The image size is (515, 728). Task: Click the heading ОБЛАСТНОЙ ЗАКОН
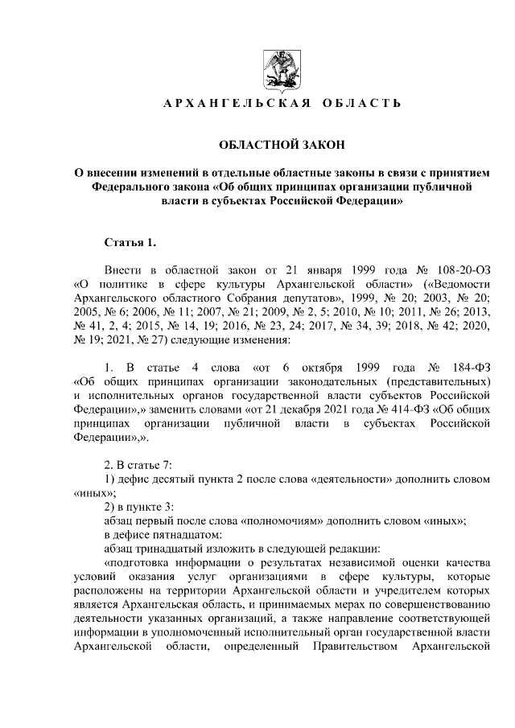tap(282, 145)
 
